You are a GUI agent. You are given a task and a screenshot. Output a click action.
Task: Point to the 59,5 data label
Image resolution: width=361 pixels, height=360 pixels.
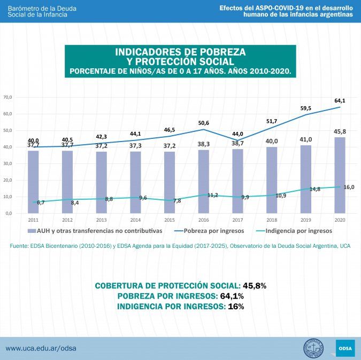(x=306, y=108)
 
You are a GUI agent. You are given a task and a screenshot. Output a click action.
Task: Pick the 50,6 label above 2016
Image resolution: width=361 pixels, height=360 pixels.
(x=203, y=122)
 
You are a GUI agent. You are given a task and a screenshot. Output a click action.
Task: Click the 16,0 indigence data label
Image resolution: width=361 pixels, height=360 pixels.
(x=349, y=187)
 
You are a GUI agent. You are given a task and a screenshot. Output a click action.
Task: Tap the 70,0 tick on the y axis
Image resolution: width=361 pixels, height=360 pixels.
(x=7, y=97)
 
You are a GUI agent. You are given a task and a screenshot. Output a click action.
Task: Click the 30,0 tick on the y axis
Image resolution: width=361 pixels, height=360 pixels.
(x=7, y=163)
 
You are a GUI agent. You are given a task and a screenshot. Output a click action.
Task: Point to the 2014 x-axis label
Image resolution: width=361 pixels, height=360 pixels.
(x=135, y=220)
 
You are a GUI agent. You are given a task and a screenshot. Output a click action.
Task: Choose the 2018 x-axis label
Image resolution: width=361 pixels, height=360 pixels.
(x=272, y=220)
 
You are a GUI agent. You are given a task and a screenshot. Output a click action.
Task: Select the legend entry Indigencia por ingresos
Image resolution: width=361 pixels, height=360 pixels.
(x=300, y=231)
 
